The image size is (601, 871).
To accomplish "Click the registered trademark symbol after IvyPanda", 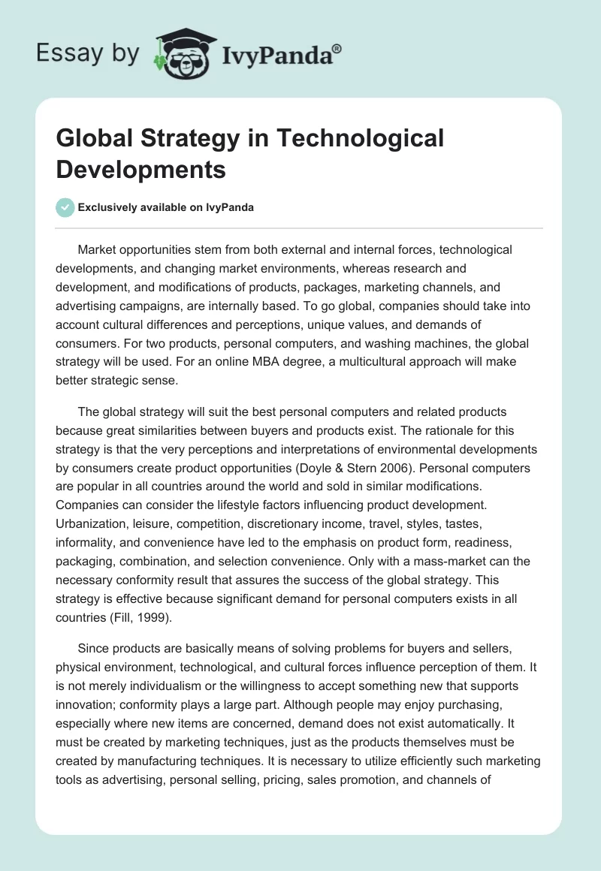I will point(337,49).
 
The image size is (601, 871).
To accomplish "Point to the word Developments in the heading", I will point(141,170).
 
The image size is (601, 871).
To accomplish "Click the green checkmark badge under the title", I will point(65,207).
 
